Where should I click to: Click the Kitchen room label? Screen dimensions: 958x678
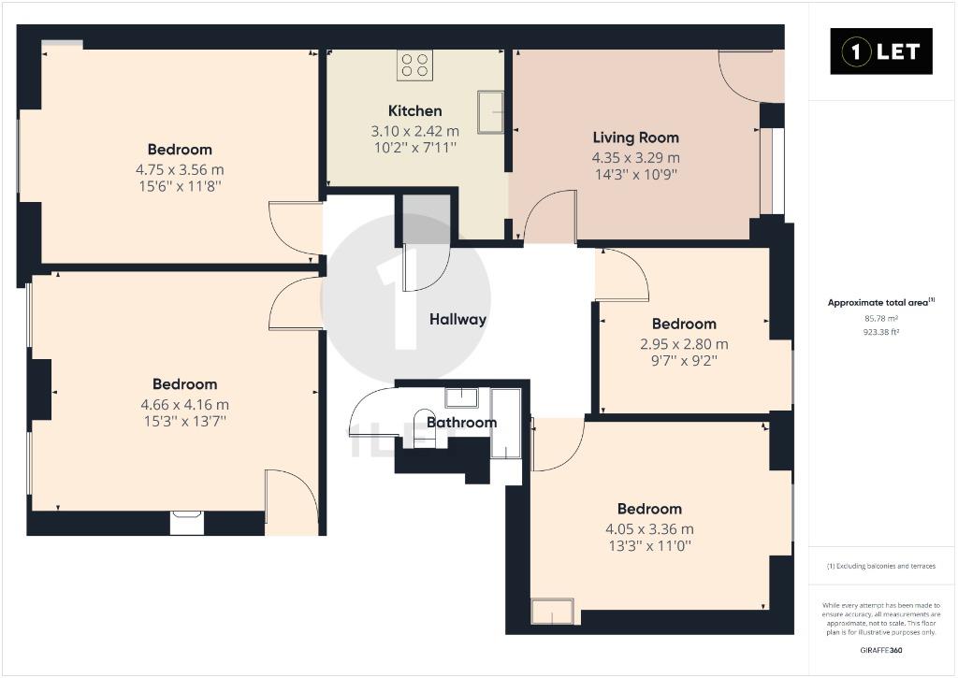pos(414,111)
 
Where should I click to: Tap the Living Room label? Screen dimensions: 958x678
pos(636,137)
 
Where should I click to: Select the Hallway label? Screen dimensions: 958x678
pos(457,319)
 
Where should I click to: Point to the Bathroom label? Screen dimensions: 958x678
pos(461,422)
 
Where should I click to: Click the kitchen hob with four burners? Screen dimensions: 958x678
pos(415,65)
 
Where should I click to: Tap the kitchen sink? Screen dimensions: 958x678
pos(490,112)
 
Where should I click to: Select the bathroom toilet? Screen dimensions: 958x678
pos(424,428)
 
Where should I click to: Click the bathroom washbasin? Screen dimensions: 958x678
pos(461,397)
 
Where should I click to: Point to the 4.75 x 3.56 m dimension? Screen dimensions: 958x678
pos(180,169)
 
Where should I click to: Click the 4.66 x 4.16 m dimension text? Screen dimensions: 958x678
pos(184,404)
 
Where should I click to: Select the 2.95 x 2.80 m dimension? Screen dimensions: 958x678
pos(684,344)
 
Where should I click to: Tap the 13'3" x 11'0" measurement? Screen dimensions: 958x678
pos(649,545)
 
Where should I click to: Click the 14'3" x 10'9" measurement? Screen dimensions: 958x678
pos(636,174)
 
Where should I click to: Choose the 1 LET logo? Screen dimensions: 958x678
pos(881,51)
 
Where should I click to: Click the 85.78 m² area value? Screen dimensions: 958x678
pos(881,318)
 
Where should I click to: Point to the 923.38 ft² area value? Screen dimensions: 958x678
pos(881,332)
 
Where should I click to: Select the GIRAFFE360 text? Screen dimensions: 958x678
pos(881,650)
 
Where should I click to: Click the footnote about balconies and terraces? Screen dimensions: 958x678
pos(881,566)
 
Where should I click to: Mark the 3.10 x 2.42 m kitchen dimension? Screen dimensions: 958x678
pos(414,131)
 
